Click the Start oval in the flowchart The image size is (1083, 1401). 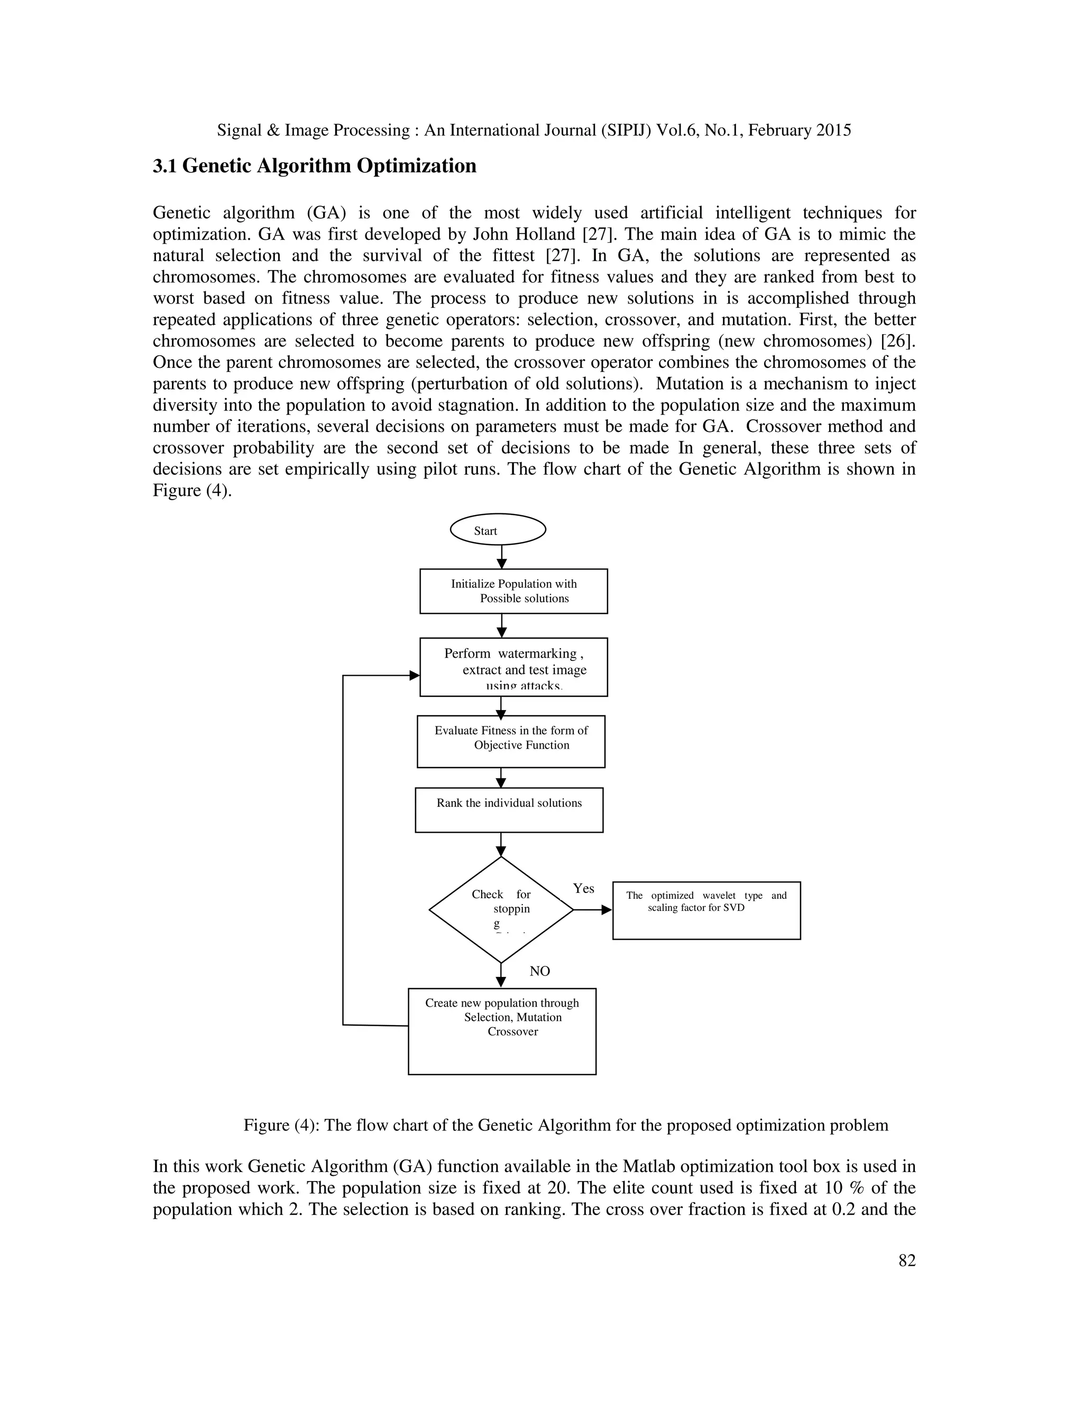(498, 530)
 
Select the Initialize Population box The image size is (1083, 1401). (513, 591)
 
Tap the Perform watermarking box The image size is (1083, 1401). (513, 667)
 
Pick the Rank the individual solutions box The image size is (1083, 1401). (509, 809)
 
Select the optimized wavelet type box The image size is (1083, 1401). (706, 910)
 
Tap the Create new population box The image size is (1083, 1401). (502, 1031)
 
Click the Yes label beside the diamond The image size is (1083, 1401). (583, 889)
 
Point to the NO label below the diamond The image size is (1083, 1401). (539, 971)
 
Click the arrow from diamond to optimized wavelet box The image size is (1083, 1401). (592, 910)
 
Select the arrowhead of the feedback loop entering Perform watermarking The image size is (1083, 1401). (415, 676)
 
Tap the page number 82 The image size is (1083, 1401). (906, 1278)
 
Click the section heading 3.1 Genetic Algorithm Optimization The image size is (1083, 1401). (315, 165)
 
